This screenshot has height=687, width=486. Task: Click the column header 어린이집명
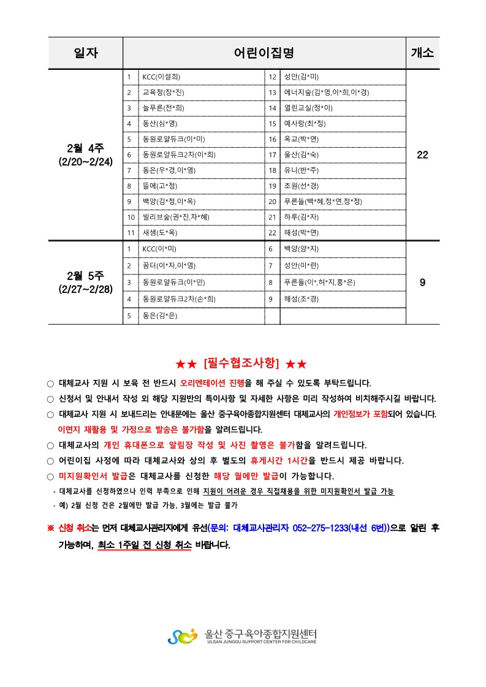pyautogui.click(x=264, y=53)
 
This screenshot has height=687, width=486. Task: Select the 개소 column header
pyautogui.click(x=422, y=53)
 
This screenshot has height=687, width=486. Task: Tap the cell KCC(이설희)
pyautogui.click(x=161, y=77)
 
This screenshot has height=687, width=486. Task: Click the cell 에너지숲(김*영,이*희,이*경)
pyautogui.click(x=326, y=93)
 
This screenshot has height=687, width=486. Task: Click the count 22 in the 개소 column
pyautogui.click(x=422, y=155)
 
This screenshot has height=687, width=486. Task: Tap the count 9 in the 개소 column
pyautogui.click(x=422, y=283)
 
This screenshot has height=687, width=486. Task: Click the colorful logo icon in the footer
pyautogui.click(x=182, y=636)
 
